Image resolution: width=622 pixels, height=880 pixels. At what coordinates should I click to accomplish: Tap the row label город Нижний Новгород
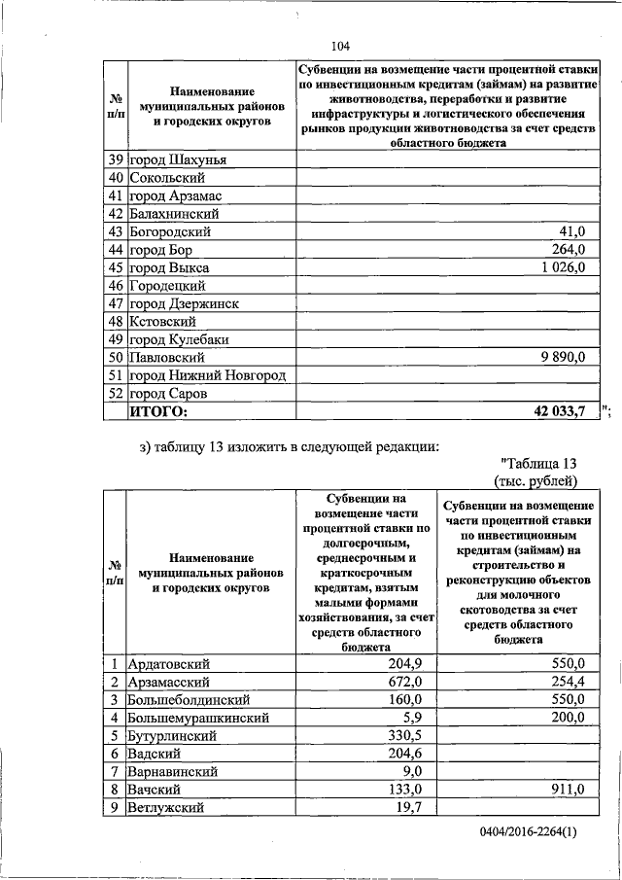(210, 376)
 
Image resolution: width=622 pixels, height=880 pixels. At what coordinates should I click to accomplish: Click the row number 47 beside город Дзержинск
(115, 304)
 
